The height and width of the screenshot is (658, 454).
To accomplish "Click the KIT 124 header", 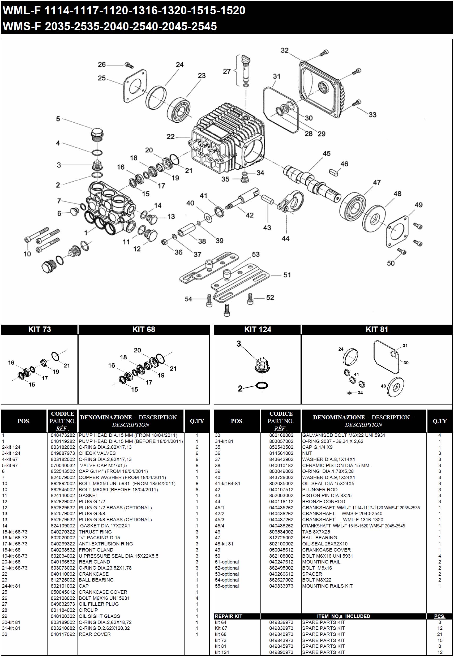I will click(258, 329).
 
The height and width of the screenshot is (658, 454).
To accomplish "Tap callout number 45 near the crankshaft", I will click(327, 154).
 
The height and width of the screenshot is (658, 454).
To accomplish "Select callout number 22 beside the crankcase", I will click(170, 137).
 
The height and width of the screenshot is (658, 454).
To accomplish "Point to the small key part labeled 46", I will click(333, 172).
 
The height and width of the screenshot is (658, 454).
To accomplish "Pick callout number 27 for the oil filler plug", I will click(227, 71).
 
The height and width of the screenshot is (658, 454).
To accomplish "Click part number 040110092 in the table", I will click(63, 574).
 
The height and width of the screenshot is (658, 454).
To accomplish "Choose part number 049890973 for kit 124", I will click(281, 652).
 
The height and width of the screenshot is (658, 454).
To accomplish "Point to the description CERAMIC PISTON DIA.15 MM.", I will click(336, 465).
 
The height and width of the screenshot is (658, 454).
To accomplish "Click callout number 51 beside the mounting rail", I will click(287, 275).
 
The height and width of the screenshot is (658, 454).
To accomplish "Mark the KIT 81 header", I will click(377, 329).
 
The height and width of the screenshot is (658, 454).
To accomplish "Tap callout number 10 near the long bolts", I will click(27, 254).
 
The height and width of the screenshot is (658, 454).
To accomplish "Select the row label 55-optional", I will click(227, 586).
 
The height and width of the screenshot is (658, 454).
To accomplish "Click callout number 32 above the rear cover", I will click(284, 50).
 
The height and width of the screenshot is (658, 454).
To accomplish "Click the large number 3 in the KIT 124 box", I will click(239, 344).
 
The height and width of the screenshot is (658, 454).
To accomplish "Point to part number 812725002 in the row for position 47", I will click(281, 537).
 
